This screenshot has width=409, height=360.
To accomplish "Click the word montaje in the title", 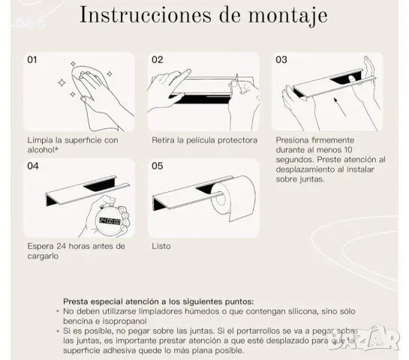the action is [x=287, y=16].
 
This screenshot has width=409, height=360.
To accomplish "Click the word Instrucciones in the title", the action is [x=146, y=14].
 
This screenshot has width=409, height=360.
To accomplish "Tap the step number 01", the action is [x=32, y=60].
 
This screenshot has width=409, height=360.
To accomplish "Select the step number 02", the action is [x=158, y=60].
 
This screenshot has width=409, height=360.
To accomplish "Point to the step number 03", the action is [x=281, y=60].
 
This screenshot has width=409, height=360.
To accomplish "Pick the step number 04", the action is [x=33, y=166].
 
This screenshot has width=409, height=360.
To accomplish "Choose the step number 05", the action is [x=158, y=166].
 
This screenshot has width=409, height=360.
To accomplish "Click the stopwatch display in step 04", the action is [x=110, y=221].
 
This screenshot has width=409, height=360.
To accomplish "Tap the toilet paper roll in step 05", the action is [x=233, y=198].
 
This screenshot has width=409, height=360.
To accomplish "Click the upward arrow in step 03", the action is [x=340, y=107].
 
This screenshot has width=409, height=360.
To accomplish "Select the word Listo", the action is [x=161, y=246].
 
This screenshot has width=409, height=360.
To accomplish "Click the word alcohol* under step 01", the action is [x=43, y=150].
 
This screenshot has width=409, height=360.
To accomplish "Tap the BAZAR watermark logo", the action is [x=364, y=338].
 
